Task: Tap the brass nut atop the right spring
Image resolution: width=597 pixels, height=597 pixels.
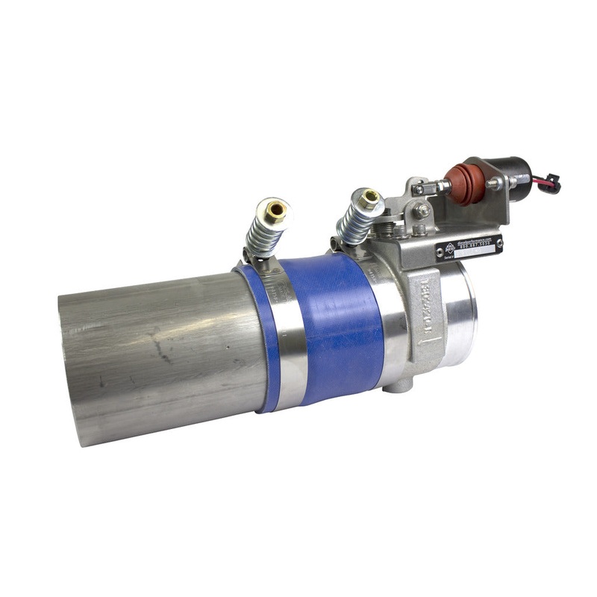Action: click(369, 199)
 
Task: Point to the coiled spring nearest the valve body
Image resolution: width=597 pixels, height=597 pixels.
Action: click(354, 223)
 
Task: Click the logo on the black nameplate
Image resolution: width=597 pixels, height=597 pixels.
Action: click(449, 250)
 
